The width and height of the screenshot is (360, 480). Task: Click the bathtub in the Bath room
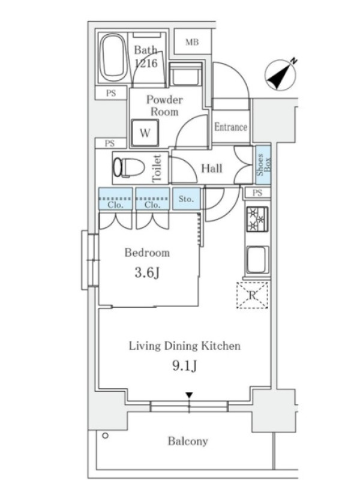click(x=113, y=58)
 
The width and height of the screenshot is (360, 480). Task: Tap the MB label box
click(x=193, y=42)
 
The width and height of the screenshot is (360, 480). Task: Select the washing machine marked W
click(x=145, y=133)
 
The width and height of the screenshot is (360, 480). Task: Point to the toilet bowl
click(x=128, y=167)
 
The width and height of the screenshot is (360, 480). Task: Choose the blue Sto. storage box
click(x=186, y=199)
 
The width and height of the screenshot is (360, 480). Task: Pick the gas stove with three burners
click(x=257, y=219)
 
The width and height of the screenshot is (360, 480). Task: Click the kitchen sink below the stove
click(x=258, y=260)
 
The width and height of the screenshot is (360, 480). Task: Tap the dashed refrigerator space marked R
click(x=253, y=295)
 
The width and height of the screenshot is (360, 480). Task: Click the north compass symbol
click(x=281, y=74)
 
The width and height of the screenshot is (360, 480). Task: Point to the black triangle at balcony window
click(x=189, y=395)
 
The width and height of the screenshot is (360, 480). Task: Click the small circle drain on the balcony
click(x=106, y=436)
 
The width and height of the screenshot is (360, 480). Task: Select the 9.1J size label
click(x=184, y=365)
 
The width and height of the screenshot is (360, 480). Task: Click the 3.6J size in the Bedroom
click(x=147, y=272)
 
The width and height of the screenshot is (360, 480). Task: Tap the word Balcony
click(x=188, y=441)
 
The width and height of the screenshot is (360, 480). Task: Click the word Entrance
click(x=230, y=127)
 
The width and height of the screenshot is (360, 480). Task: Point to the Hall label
click(x=212, y=168)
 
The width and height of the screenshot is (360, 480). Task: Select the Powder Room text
click(x=164, y=106)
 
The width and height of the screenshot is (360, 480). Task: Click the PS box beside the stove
click(x=258, y=193)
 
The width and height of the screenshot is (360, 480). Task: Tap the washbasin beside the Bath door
click(x=185, y=74)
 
